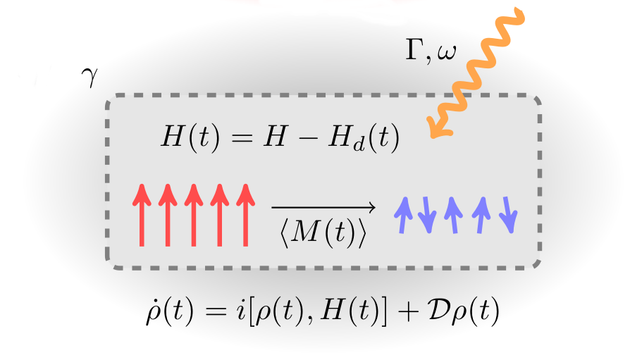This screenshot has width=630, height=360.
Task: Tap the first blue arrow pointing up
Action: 403,214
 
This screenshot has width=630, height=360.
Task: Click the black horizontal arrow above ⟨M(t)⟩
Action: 323,207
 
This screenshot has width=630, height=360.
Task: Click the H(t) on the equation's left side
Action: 186,139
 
